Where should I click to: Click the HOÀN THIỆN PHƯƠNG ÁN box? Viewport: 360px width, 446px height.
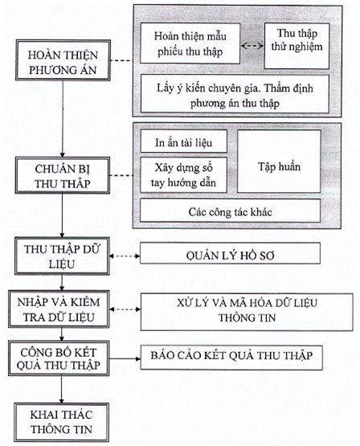(63, 60)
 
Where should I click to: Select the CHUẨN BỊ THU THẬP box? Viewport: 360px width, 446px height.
(62, 175)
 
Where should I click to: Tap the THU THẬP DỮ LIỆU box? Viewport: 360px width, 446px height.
(62, 256)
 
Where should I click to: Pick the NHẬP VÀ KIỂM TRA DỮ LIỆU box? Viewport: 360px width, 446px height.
(59, 309)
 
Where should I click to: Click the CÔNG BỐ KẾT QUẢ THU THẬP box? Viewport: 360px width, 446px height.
(59, 358)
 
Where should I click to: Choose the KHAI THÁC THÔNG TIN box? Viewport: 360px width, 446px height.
(61, 422)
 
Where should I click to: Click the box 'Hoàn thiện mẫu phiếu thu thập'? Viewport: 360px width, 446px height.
(190, 43)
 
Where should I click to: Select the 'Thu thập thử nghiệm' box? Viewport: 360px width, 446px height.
(297, 46)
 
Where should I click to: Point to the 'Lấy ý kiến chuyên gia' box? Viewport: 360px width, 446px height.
(235, 94)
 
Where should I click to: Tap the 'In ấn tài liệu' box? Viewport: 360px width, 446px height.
(184, 141)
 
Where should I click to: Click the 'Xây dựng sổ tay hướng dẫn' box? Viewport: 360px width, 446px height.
(183, 175)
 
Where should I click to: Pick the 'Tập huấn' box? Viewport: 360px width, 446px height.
(279, 162)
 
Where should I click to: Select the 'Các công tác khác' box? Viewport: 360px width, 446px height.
(230, 211)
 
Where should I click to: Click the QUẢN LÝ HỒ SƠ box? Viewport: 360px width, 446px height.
(230, 253)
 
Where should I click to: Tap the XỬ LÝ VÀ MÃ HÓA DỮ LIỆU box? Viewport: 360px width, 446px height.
(247, 312)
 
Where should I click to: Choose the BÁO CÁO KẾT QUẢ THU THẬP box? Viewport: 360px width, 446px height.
(231, 358)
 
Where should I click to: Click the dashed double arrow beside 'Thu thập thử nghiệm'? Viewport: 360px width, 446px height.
(252, 46)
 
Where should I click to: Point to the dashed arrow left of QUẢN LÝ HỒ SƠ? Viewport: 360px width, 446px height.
(125, 256)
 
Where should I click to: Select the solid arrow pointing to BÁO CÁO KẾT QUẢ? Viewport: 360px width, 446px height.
(125, 358)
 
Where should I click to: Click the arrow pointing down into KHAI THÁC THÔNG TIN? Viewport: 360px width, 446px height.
(61, 390)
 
